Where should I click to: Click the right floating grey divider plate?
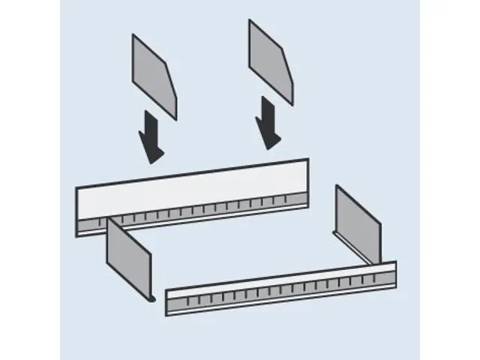coord(271,61)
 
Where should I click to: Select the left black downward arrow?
coord(151,136)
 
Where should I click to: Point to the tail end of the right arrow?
coord(265,98)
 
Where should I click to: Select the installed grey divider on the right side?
coord(358,223)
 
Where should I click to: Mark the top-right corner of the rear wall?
coord(308,159)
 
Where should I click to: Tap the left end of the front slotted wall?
coord(168,302)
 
